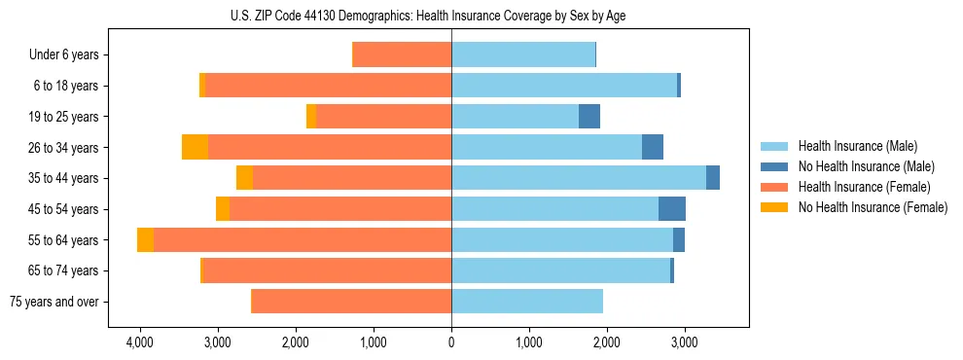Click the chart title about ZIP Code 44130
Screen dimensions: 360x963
point(450,16)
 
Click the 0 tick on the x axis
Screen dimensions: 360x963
point(451,343)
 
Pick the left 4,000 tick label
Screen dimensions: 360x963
point(139,343)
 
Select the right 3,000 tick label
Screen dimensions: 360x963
point(684,343)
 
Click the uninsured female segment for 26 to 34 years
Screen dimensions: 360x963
point(195,147)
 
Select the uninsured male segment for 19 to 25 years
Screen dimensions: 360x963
point(589,117)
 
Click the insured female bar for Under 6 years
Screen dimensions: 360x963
point(402,54)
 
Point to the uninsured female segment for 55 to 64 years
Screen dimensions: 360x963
point(145,239)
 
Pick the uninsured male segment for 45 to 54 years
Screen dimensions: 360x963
point(672,209)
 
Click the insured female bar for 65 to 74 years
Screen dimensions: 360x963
point(327,270)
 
